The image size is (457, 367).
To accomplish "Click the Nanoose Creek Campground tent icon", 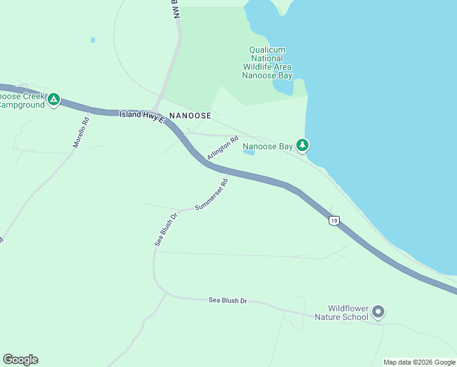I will [54, 99].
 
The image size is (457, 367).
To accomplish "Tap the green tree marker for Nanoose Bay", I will [302, 145].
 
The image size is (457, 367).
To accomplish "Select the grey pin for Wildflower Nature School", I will [378, 312].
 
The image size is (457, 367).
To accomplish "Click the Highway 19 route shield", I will [333, 221].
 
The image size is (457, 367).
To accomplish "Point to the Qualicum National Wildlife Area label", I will [267, 63].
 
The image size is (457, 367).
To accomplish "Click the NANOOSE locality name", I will [190, 116].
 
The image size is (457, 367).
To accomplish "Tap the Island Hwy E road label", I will [142, 115].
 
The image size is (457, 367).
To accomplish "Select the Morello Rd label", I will [81, 132].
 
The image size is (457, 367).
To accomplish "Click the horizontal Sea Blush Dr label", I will [227, 300].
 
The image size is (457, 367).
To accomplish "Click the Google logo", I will [20, 360].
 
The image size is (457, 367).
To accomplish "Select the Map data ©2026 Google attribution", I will [419, 362].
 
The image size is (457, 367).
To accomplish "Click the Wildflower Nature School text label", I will [342, 313].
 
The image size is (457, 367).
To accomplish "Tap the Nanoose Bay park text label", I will [267, 146].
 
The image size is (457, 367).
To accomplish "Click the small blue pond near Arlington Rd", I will [249, 152].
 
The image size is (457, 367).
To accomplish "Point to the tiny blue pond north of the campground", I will [92, 40].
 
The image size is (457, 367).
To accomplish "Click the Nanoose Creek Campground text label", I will [22, 101].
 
